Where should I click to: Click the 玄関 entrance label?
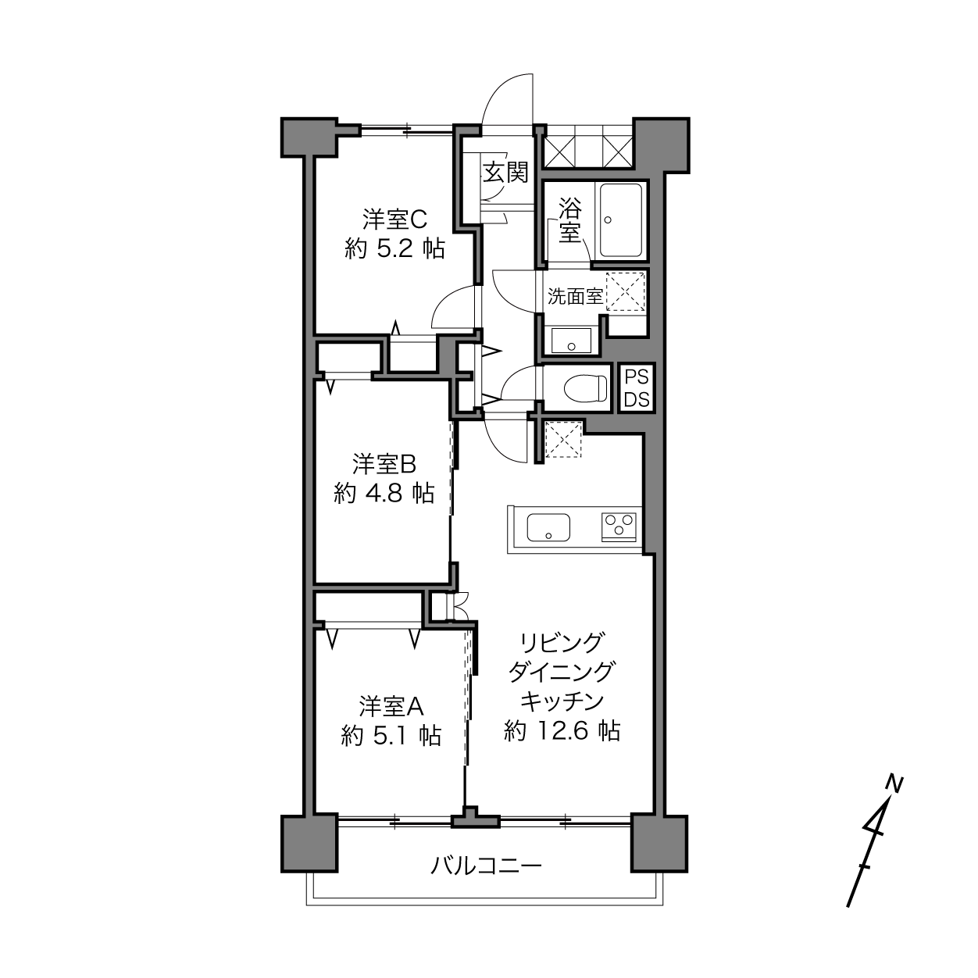click(x=505, y=173)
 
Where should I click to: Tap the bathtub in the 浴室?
click(x=621, y=221)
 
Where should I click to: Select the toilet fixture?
click(x=586, y=389)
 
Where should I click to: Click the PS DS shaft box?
click(x=637, y=389)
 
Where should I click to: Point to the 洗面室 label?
click(x=575, y=297)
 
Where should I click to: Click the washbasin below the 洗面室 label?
click(x=571, y=340)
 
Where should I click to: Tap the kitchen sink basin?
click(x=548, y=527)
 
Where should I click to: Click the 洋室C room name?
click(x=394, y=220)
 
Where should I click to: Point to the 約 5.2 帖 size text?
click(x=394, y=249)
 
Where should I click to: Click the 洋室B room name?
click(x=384, y=464)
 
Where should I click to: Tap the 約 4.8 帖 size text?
click(x=384, y=493)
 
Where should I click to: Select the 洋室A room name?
click(x=391, y=706)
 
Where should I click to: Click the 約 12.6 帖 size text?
click(x=562, y=731)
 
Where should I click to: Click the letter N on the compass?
click(x=894, y=785)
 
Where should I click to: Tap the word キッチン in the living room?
click(x=562, y=701)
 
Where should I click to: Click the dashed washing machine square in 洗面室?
click(x=625, y=291)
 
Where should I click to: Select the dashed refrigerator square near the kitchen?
click(x=563, y=440)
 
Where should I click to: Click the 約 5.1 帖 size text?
click(x=391, y=735)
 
